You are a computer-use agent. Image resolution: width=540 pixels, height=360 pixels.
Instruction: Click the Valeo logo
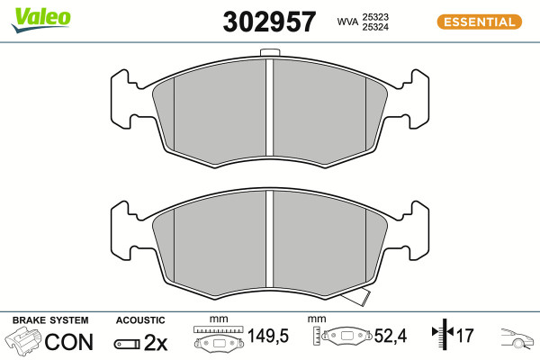(41, 20)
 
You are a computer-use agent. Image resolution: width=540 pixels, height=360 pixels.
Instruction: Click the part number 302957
(269, 22)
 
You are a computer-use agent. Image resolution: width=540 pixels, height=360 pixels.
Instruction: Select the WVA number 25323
(375, 17)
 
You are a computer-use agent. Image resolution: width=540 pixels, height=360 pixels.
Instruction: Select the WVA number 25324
(375, 27)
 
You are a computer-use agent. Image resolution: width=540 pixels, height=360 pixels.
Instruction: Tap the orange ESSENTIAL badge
(480, 22)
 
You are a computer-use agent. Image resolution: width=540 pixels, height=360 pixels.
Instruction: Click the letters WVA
(347, 22)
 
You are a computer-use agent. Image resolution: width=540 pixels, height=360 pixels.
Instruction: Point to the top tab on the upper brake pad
(269, 52)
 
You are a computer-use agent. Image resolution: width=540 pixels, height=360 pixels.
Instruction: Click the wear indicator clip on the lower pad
(357, 297)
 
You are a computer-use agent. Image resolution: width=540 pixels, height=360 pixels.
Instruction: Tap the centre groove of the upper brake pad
(269, 107)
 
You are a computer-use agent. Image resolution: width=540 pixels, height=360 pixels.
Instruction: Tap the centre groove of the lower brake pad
(269, 238)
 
